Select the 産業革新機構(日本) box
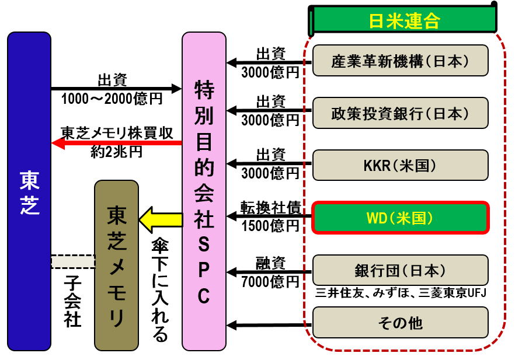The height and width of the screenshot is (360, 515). point(400,61)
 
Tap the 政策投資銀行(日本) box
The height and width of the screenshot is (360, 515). point(400,113)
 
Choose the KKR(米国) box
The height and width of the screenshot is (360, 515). point(400,165)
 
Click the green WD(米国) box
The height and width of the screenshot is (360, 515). point(400,218)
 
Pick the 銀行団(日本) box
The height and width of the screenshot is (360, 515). point(400,270)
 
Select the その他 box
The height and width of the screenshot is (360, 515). point(400,322)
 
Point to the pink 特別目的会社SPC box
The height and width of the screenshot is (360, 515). point(203,191)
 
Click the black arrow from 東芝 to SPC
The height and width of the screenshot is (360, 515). point(117,89)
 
